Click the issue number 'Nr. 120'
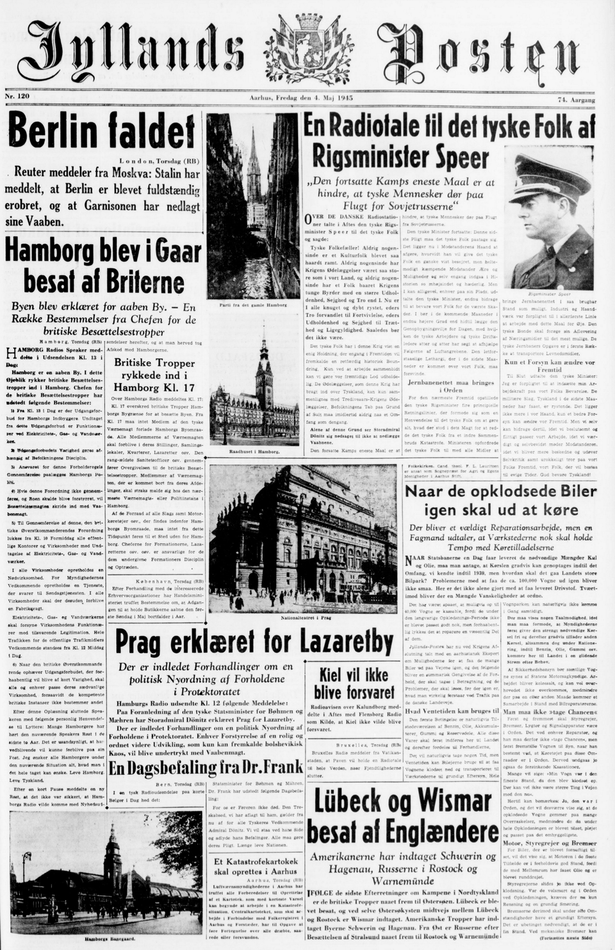coord(17,96)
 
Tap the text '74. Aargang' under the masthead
coord(576,100)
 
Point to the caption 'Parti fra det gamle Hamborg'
coord(253,305)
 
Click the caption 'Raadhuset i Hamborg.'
coord(254,452)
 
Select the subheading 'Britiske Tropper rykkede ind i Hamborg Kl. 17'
coord(154,375)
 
